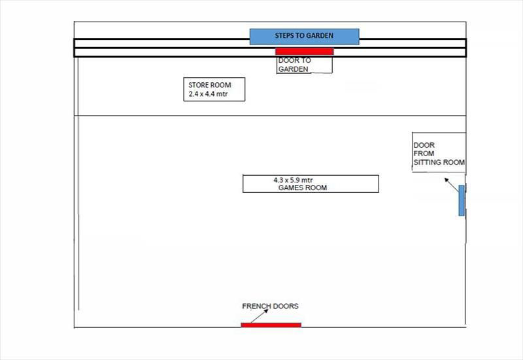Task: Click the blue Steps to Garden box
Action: [304, 37]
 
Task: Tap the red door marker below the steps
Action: [304, 52]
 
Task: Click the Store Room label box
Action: [214, 90]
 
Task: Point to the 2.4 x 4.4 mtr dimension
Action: [208, 94]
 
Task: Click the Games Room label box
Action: [311, 184]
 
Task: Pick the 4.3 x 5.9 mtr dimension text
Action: [293, 180]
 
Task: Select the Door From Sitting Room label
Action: [439, 154]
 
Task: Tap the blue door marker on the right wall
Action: [462, 201]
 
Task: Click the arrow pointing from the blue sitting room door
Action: [452, 185]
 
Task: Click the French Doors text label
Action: [270, 306]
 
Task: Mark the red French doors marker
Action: [271, 325]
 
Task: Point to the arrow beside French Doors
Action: [260, 316]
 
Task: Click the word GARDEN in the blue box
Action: [320, 36]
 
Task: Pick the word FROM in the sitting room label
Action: [424, 154]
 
